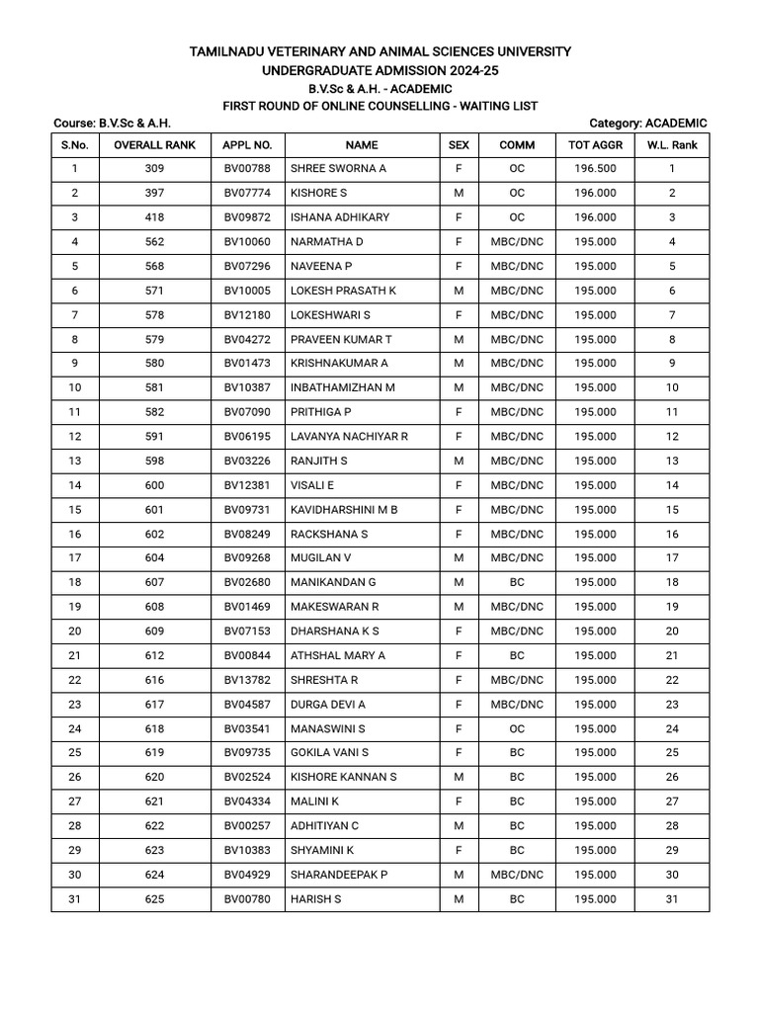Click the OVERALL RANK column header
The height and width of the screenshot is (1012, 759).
point(154,144)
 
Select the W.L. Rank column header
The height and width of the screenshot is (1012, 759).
point(672,144)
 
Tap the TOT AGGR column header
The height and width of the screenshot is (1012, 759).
point(595,144)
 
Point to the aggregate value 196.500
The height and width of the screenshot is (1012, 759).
point(595,169)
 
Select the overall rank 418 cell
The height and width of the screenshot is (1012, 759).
point(154,217)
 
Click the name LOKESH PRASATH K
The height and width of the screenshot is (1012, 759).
point(343,291)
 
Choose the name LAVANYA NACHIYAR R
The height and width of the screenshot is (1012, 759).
point(349,437)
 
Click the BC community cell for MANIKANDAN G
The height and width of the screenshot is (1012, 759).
point(517,583)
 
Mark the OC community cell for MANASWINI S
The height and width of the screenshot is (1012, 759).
point(517,729)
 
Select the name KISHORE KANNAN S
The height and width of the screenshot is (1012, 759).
point(343,778)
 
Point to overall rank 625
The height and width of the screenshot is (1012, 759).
point(154,899)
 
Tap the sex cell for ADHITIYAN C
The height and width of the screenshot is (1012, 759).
point(459,826)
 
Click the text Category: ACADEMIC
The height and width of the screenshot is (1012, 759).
point(647,123)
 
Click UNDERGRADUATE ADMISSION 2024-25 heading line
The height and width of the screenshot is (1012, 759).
point(379,70)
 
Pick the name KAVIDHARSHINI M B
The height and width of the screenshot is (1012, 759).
point(344,510)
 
